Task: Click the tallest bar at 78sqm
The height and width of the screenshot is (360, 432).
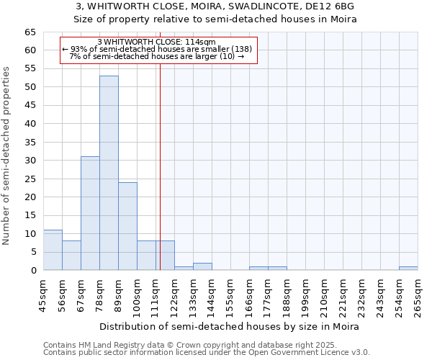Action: (109, 173)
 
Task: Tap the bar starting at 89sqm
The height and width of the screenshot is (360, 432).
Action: (127, 226)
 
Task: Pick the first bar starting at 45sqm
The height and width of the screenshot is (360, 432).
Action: (53, 250)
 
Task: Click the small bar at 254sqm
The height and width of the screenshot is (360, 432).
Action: (408, 269)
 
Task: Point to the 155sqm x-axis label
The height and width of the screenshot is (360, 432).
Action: (230, 295)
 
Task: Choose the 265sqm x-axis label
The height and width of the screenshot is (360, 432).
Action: (418, 295)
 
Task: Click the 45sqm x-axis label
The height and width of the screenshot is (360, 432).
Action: (43, 295)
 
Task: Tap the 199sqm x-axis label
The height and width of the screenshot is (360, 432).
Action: (305, 295)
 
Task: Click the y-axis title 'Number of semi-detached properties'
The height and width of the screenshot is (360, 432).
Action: (6, 156)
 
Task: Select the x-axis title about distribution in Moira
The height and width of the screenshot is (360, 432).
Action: (230, 326)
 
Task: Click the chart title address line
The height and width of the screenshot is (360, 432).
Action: (215, 6)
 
